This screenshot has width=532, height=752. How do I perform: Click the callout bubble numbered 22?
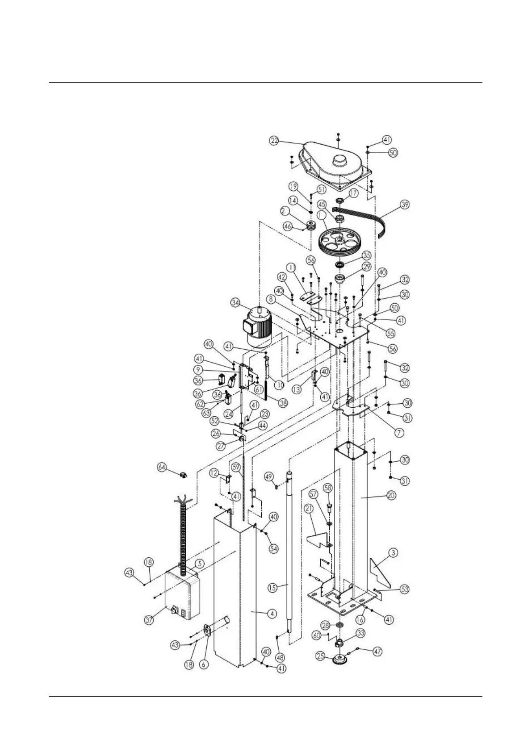pyautogui.click(x=274, y=140)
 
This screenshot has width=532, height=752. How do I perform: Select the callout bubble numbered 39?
pyautogui.click(x=405, y=205)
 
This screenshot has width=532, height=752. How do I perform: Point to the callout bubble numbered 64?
pyautogui.click(x=162, y=467)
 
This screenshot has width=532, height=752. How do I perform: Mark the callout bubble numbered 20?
pyautogui.click(x=391, y=495)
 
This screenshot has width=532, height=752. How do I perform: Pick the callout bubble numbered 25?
pyautogui.click(x=320, y=656)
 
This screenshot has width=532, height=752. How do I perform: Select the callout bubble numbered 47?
pyautogui.click(x=378, y=652)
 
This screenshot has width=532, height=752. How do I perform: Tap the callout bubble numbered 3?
pyautogui.click(x=393, y=553)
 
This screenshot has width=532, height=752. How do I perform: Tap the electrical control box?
pyautogui.click(x=181, y=595)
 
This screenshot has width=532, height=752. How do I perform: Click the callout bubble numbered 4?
pyautogui.click(x=271, y=614)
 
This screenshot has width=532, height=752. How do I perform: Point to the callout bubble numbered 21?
pyautogui.click(x=309, y=508)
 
